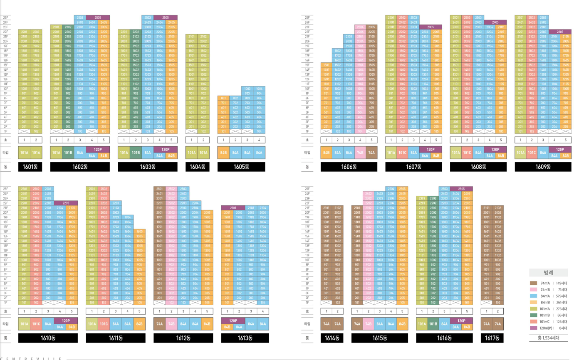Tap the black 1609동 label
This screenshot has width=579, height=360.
click(543, 167)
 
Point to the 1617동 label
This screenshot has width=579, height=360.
click(492, 338)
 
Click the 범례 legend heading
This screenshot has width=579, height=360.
click(548, 273)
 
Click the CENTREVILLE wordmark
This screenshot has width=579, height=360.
click(32, 358)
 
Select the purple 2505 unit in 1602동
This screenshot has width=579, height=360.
click(98, 17)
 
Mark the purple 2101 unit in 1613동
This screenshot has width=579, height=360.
click(233, 207)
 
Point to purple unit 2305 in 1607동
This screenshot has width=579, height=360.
click(431, 27)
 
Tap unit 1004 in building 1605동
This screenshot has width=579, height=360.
click(259, 89)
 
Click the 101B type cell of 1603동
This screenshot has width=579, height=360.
click(136, 153)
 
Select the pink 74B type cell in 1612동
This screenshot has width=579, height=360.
click(171, 324)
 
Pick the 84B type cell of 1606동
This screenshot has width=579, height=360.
click(326, 153)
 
